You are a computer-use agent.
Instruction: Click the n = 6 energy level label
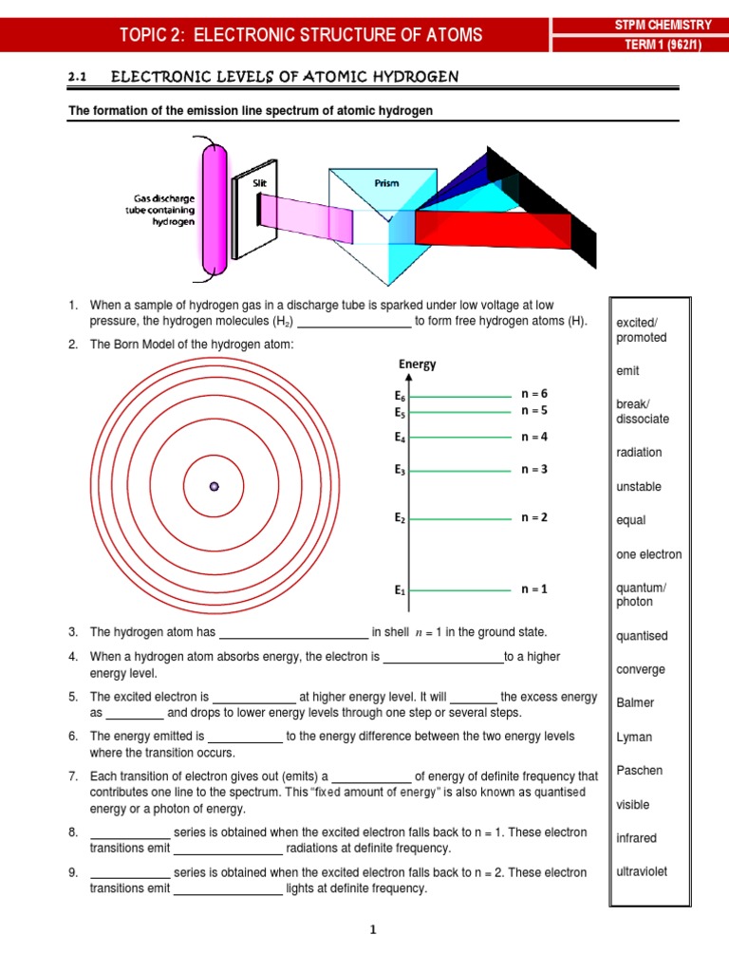click(534, 393)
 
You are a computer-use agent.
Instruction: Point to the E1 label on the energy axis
click(400, 590)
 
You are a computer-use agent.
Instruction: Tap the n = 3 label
click(534, 469)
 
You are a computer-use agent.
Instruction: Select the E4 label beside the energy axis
click(400, 439)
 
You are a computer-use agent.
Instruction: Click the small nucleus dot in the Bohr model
click(215, 486)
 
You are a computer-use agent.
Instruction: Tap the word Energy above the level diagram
click(418, 364)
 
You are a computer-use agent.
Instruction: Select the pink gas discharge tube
click(215, 209)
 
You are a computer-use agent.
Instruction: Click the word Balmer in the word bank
click(635, 703)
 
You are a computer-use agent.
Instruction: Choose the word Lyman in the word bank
click(633, 737)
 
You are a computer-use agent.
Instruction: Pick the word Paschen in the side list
click(639, 771)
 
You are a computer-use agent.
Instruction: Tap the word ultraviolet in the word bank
click(642, 871)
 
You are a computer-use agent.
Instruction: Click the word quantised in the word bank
click(642, 636)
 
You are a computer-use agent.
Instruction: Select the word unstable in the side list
click(639, 487)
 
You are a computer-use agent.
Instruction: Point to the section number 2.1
click(78, 76)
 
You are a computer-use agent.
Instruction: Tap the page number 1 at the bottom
click(373, 930)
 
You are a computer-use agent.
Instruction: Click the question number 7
click(72, 776)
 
